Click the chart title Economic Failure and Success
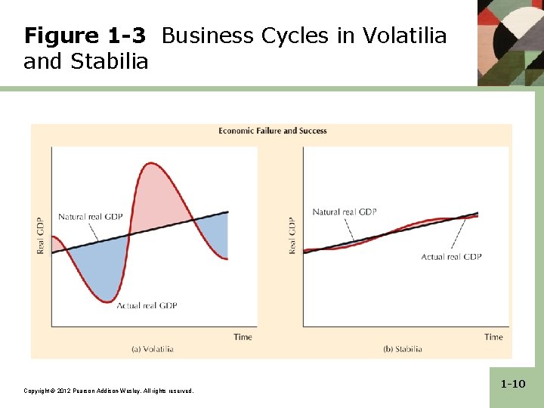click(x=273, y=131)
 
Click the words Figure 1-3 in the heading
click(x=84, y=36)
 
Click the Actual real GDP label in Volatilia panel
click(x=147, y=305)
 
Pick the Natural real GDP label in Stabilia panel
click(x=345, y=212)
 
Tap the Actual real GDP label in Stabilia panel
click(x=451, y=257)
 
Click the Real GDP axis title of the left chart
click(x=41, y=235)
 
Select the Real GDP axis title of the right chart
click(x=293, y=235)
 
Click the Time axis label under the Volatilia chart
click(x=243, y=337)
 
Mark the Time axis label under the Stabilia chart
click(x=493, y=337)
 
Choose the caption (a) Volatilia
click(x=153, y=349)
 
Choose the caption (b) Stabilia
click(x=403, y=349)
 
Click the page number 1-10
click(x=513, y=385)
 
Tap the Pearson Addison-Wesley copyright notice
click(x=109, y=391)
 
